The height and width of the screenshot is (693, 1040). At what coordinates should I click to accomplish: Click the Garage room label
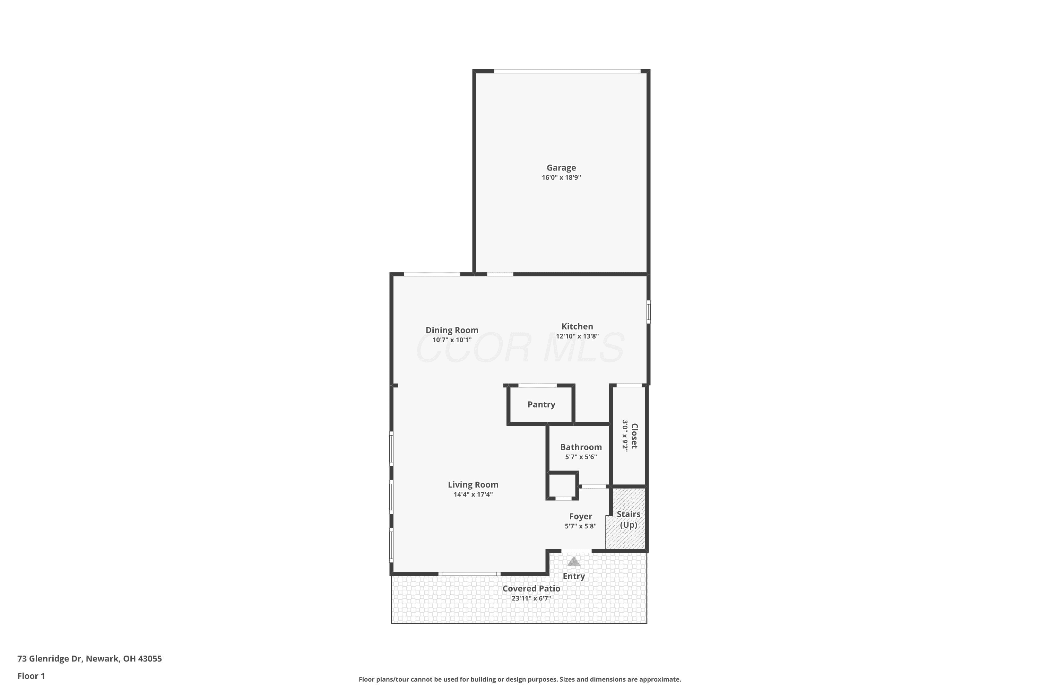(x=561, y=168)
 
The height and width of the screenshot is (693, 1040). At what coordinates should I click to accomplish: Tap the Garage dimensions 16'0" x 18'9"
(x=561, y=178)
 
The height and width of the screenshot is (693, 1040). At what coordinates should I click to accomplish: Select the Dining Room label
(x=452, y=330)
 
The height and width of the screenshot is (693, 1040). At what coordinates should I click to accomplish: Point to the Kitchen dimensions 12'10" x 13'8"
(x=577, y=336)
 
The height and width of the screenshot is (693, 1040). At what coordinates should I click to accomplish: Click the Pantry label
(x=541, y=404)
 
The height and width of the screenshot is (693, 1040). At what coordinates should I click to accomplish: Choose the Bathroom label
(x=581, y=447)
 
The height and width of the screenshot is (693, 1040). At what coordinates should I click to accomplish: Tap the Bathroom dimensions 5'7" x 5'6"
(x=581, y=457)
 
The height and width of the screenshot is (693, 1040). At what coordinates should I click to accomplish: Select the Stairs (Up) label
(x=628, y=519)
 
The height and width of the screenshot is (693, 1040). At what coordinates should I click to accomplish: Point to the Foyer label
(x=581, y=517)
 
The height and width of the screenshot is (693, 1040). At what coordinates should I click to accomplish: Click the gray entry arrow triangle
(x=573, y=562)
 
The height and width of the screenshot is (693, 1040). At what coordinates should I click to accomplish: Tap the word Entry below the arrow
(x=573, y=576)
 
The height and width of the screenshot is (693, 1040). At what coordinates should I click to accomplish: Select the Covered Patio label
(x=531, y=589)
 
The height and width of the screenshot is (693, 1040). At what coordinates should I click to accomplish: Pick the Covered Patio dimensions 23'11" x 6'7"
(x=531, y=598)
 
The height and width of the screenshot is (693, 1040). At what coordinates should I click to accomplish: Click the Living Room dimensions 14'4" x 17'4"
(x=473, y=494)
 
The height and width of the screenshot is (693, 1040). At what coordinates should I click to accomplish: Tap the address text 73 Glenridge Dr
(x=50, y=659)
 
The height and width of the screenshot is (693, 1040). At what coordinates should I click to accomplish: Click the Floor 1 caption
(x=31, y=676)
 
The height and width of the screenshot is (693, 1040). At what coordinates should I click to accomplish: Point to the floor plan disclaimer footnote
(x=520, y=679)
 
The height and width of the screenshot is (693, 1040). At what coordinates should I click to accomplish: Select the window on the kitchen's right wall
(x=648, y=312)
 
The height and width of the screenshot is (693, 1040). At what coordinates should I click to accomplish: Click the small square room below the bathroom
(x=562, y=486)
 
